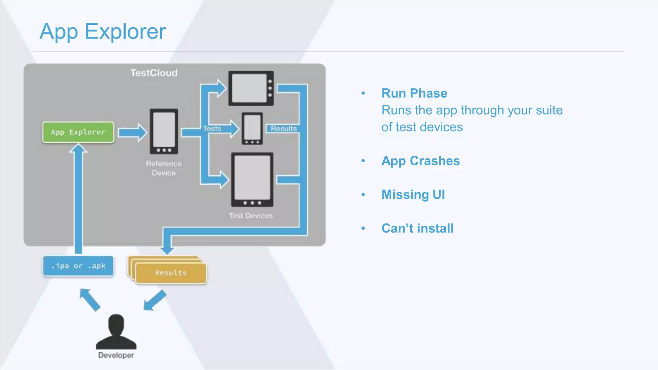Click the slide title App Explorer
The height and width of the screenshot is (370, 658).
(x=102, y=31)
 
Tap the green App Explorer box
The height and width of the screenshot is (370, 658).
(x=78, y=132)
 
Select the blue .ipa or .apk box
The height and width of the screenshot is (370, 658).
(x=78, y=266)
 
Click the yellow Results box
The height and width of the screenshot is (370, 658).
(x=171, y=273)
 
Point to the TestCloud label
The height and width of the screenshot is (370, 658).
(x=154, y=73)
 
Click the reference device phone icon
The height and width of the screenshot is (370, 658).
(x=164, y=131)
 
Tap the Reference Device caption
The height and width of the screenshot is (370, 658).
(x=164, y=168)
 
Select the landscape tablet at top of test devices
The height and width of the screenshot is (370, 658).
(x=251, y=88)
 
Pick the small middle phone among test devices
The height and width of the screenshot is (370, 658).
(x=252, y=128)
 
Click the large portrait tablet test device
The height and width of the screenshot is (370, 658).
(x=252, y=179)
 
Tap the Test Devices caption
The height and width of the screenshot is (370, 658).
(x=251, y=216)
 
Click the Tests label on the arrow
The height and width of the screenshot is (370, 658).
(x=212, y=128)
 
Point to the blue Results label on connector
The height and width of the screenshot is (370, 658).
(x=283, y=128)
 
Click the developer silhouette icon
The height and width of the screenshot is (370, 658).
(x=116, y=332)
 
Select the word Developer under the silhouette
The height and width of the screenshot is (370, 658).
(x=116, y=355)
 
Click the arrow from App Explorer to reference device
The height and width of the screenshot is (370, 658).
(x=132, y=132)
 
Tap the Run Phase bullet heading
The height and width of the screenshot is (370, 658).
(x=414, y=93)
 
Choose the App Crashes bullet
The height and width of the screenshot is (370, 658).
(x=421, y=161)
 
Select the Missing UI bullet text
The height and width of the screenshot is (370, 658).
(x=413, y=195)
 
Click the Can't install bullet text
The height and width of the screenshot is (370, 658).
(x=417, y=228)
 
